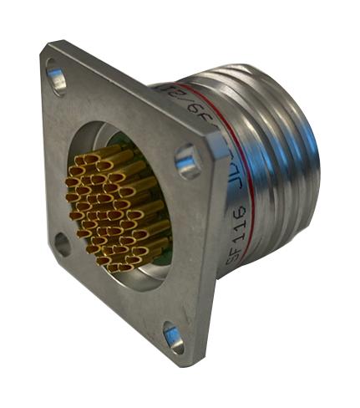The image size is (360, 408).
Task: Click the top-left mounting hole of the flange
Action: pyautogui.click(x=56, y=80)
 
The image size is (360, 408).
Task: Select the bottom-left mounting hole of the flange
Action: pyautogui.click(x=62, y=244)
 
